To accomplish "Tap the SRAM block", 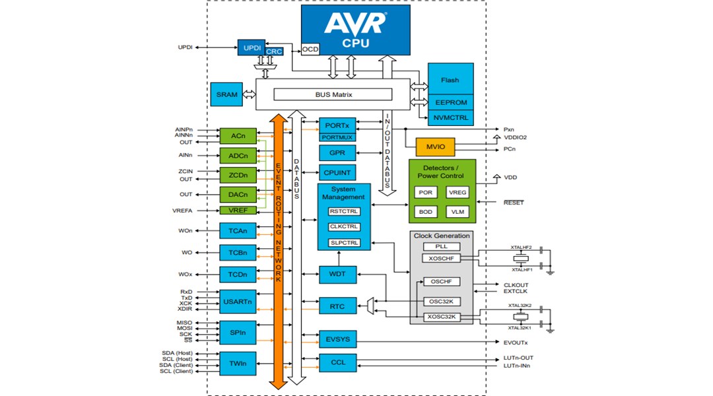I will (226, 94).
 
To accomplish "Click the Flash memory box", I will (450, 80).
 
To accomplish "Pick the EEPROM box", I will (450, 103).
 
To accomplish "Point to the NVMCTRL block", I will (450, 118).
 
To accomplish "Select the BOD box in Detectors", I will (425, 212).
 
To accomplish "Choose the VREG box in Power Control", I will (457, 192).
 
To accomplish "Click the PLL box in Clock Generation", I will (442, 246).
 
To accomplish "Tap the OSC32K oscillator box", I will (442, 302).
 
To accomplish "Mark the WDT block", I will (337, 273).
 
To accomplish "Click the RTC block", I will (337, 306).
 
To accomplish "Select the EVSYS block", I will (337, 339).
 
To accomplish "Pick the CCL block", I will (337, 362).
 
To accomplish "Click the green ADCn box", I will (238, 156).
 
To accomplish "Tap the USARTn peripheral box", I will (238, 302).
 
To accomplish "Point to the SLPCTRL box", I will (344, 242).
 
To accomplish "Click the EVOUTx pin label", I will (516, 343).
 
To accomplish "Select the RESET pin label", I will (513, 203).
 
